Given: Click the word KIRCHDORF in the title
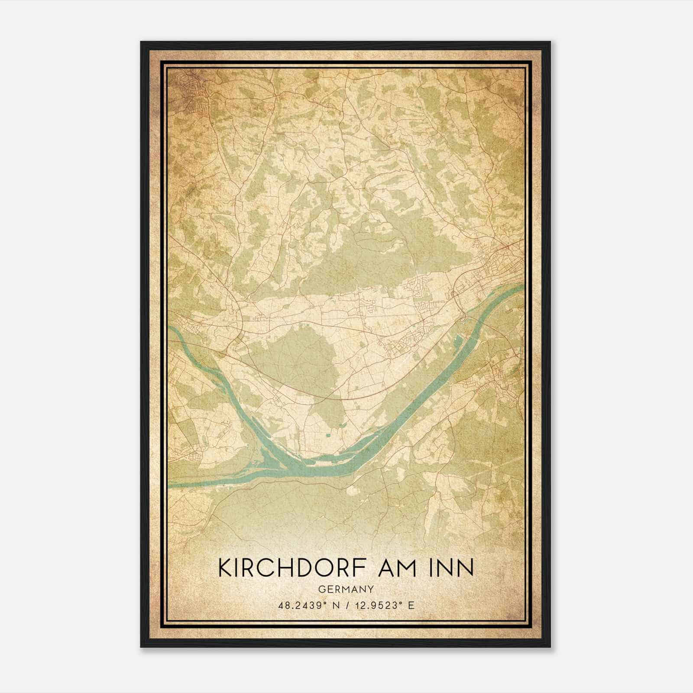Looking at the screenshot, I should [x=295, y=568].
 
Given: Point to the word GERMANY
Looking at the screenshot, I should [x=346, y=589].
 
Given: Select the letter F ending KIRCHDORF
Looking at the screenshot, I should [x=364, y=568].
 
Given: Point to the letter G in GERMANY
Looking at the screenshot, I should [x=321, y=589].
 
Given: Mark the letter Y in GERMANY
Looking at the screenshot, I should [x=371, y=589].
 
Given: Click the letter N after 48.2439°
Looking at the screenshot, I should [x=333, y=606].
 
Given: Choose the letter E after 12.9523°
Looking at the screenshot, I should [x=411, y=606].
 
